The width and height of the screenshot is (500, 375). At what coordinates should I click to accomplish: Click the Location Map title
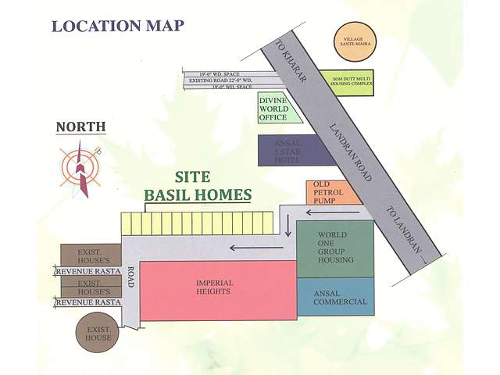point(118,25)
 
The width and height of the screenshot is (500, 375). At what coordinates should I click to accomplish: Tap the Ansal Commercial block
point(336,296)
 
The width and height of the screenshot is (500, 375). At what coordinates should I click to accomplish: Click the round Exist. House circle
point(98,332)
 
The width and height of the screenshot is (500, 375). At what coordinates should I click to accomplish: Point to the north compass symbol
point(80,166)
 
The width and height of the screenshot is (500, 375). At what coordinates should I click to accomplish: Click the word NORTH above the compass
point(80,127)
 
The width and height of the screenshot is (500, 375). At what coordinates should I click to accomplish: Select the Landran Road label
point(350,153)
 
